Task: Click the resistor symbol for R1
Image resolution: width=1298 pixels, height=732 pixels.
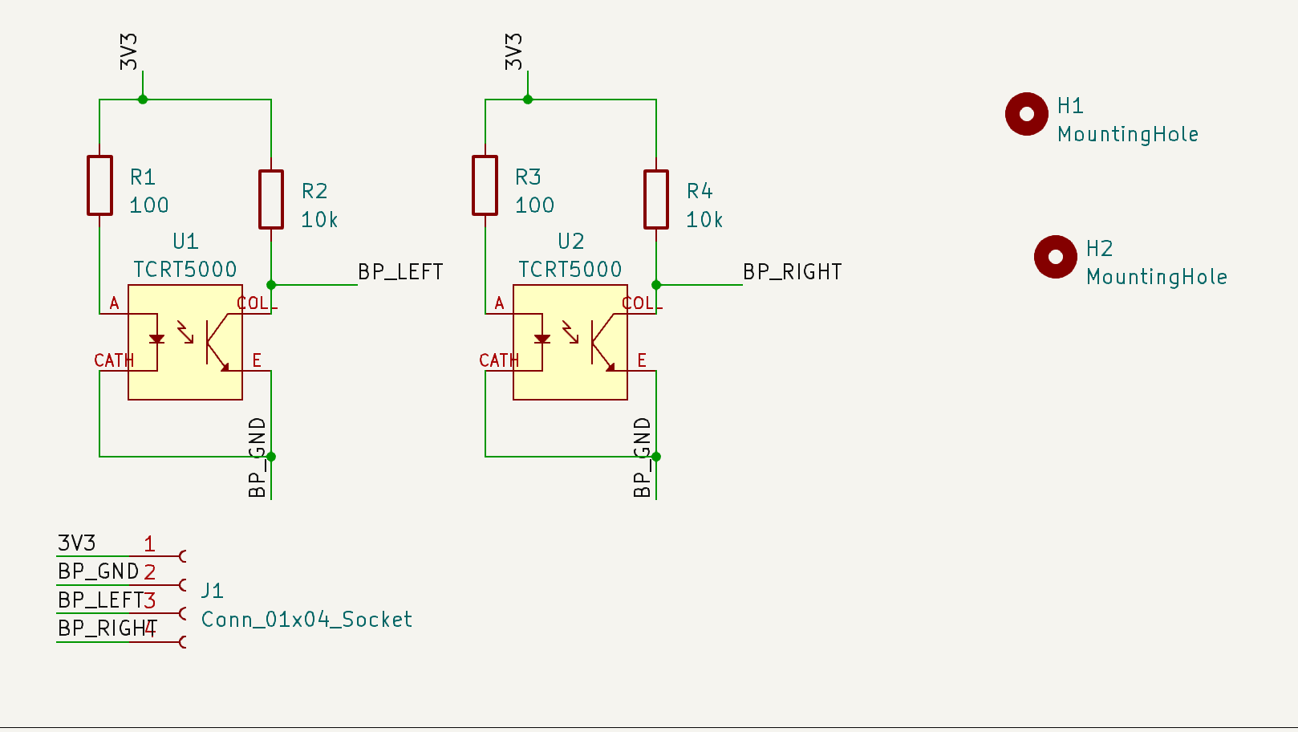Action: coord(99,185)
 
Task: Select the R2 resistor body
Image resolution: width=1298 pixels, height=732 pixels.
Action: coord(271,199)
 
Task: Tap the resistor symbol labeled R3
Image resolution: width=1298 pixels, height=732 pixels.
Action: coord(485,185)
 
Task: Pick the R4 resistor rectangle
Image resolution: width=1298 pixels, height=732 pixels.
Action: coord(656,199)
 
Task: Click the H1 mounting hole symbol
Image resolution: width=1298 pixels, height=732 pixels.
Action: coord(1026,114)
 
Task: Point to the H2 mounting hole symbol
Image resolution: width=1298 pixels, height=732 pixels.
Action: coord(1055,257)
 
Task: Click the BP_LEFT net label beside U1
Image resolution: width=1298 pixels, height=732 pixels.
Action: coord(400,272)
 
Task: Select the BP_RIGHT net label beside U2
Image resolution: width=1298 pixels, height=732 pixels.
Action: coord(792,272)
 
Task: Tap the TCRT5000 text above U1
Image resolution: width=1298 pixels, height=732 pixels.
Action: coord(185,270)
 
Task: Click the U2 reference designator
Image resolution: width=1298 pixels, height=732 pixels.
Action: coord(570,241)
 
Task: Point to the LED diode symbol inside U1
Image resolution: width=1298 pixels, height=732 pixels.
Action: coord(156,339)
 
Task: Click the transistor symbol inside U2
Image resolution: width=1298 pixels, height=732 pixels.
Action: coord(602,343)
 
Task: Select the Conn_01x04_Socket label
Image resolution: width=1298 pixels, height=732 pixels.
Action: coord(306,620)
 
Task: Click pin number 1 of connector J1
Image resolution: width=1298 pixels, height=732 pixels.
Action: coord(149,544)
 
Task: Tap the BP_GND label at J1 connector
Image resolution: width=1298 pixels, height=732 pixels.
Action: coord(98,571)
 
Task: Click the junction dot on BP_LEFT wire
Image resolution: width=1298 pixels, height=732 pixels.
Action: coord(271,285)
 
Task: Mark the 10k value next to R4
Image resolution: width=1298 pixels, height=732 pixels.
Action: coord(704,220)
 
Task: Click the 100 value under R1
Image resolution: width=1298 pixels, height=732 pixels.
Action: coord(149,205)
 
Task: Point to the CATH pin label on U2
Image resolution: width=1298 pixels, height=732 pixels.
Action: coord(499,360)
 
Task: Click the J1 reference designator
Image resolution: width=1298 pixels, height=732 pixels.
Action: coord(212,591)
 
